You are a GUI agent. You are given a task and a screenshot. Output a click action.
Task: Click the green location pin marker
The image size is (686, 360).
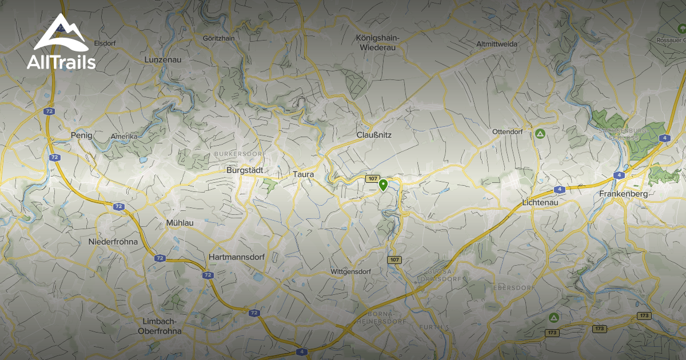(x=383, y=185)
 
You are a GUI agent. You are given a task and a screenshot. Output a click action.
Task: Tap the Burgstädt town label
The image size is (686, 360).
(x=245, y=170)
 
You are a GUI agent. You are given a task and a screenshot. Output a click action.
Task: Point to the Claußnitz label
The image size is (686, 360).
(x=374, y=135)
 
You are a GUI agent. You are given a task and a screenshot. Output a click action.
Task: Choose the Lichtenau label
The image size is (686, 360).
(x=540, y=202)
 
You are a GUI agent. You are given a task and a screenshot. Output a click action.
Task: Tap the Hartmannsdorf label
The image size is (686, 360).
(x=237, y=258)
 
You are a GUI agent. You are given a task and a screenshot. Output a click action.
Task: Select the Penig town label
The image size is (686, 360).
(x=81, y=135)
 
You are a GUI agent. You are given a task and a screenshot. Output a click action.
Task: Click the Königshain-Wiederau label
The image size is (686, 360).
(x=377, y=43)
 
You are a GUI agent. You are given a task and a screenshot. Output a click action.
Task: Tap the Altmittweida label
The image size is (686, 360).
(x=497, y=44)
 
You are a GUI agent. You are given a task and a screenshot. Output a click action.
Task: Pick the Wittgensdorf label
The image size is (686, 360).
(x=351, y=271)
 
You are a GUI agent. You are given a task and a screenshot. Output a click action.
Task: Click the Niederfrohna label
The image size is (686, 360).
(x=113, y=242)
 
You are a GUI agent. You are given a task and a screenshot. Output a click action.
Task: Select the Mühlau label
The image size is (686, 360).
(x=177, y=222)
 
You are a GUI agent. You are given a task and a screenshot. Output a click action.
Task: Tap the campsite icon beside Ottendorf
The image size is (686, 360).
(x=540, y=134)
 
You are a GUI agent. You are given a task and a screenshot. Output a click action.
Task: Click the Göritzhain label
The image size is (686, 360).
(x=219, y=38)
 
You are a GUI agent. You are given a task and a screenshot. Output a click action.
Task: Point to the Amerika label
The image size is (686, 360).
(x=125, y=137)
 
